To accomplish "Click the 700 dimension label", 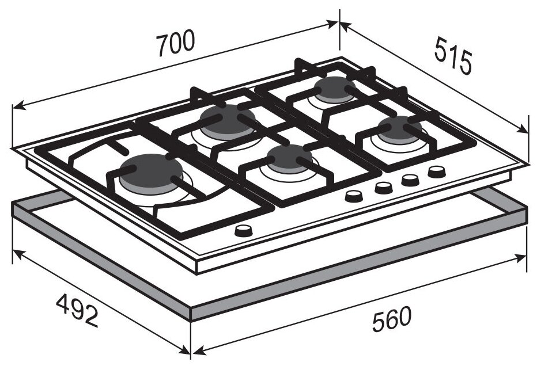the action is point(176,43).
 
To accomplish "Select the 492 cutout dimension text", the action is point(77,310).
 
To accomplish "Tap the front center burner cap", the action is point(289,159).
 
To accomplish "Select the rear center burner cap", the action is point(228,122).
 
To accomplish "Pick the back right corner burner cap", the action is point(335,90).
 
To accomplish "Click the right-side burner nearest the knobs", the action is point(400,130).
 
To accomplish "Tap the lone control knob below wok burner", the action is point(244,231).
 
